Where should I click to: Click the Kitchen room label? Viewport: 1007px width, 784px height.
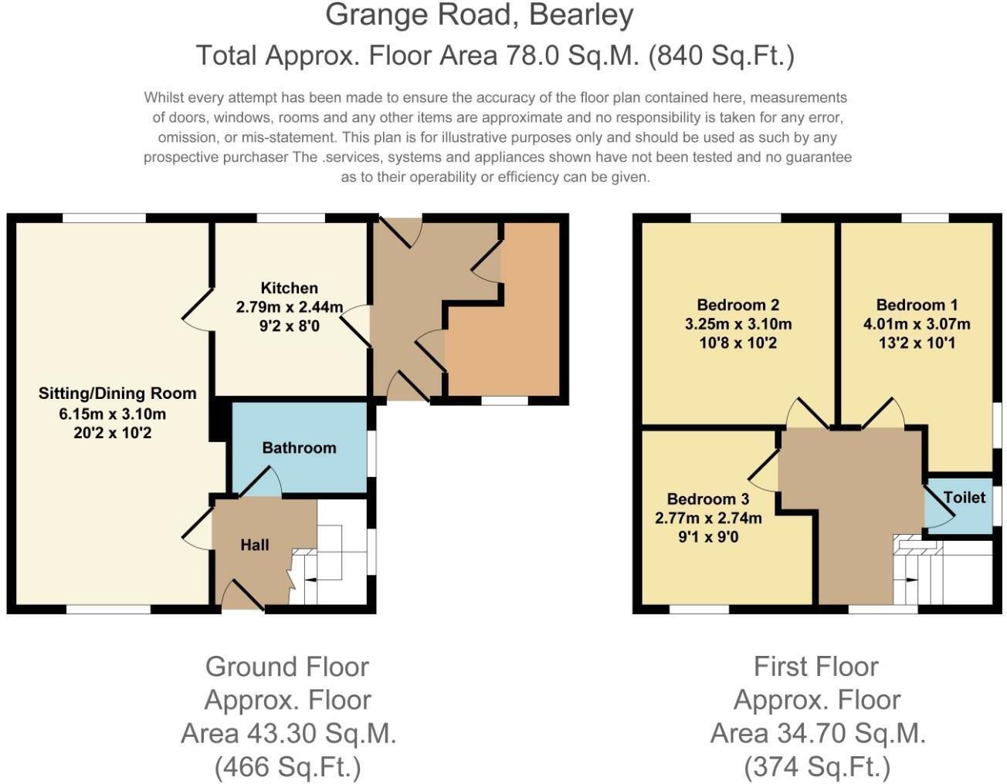pyautogui.click(x=289, y=288)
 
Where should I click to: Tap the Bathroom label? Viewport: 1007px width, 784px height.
pyautogui.click(x=299, y=448)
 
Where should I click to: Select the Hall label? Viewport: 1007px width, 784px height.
pyautogui.click(x=254, y=545)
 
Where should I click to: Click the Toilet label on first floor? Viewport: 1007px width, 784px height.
pyautogui.click(x=964, y=498)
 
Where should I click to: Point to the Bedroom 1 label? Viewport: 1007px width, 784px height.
pyautogui.click(x=917, y=305)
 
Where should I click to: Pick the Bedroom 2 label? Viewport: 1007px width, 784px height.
pyautogui.click(x=737, y=305)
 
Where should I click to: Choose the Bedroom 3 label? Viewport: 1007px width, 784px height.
pyautogui.click(x=707, y=499)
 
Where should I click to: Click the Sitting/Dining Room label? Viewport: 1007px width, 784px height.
pyautogui.click(x=117, y=394)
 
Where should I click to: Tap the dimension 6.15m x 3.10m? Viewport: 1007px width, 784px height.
pyautogui.click(x=113, y=414)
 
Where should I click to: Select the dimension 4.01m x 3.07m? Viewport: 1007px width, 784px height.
pyautogui.click(x=917, y=324)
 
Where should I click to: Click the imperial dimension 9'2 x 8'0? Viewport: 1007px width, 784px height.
pyautogui.click(x=289, y=326)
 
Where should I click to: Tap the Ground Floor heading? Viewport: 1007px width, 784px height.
pyautogui.click(x=287, y=666)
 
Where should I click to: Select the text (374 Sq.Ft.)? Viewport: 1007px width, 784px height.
pyautogui.click(x=816, y=767)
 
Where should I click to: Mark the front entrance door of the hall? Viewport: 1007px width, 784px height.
pyautogui.click(x=242, y=595)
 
